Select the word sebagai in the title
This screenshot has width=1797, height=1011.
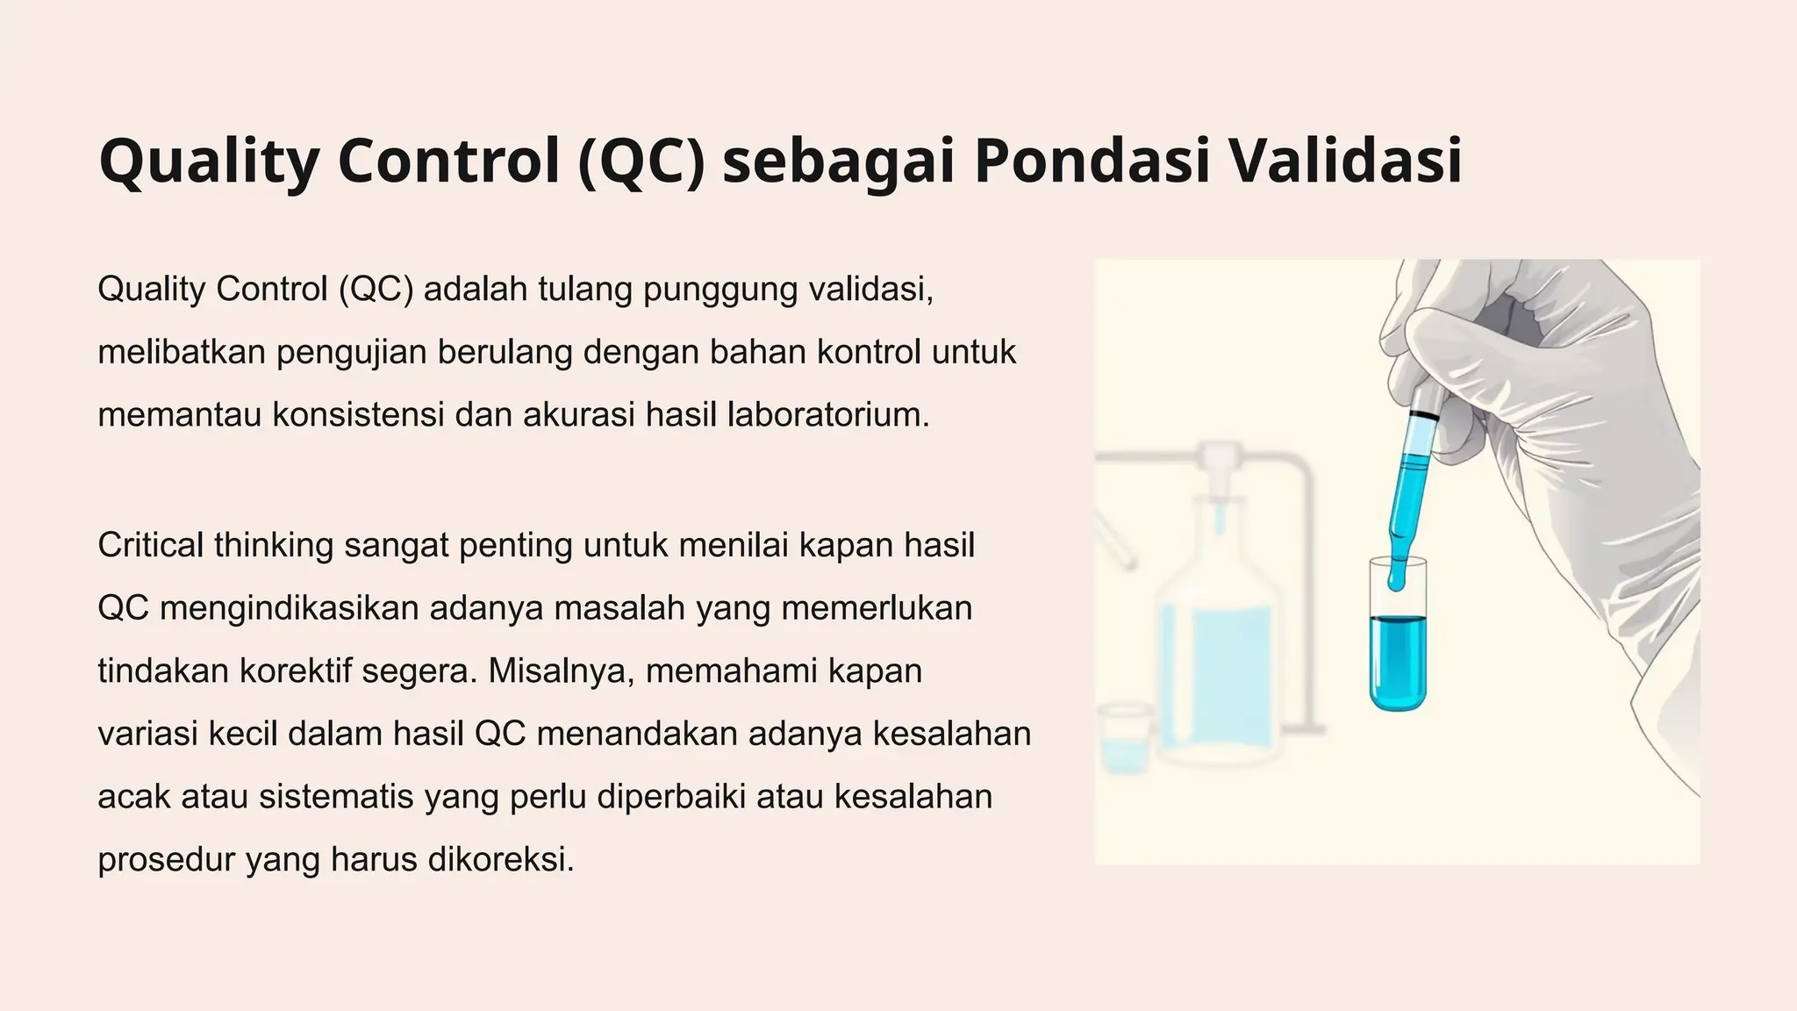[x=838, y=162]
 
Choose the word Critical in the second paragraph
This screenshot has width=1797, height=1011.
[x=150, y=545]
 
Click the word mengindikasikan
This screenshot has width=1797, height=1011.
[x=289, y=608]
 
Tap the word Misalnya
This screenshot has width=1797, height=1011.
[x=561, y=671]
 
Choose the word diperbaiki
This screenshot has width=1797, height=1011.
[x=671, y=797]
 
